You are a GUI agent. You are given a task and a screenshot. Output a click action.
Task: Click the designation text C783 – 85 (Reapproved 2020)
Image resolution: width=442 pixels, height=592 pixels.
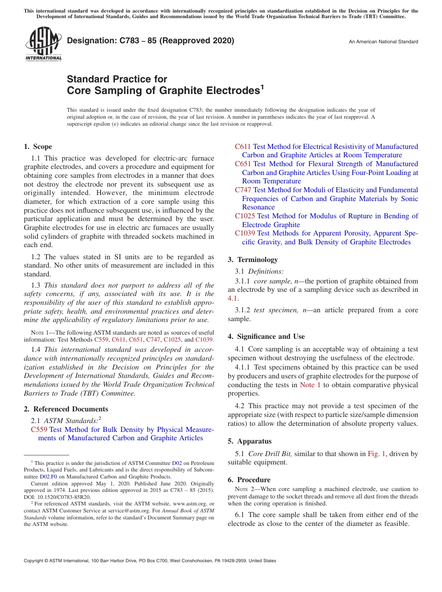pos(150,41)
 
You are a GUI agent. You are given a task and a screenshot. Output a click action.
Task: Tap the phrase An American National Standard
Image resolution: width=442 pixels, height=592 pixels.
pos(383,42)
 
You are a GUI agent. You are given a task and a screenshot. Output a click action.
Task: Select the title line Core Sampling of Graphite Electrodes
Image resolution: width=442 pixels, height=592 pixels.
pos(165,90)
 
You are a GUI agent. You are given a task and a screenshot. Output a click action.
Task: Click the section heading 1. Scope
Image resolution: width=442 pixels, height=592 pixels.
pos(38,147)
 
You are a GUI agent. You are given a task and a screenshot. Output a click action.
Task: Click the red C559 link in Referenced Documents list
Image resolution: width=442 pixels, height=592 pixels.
pos(39,430)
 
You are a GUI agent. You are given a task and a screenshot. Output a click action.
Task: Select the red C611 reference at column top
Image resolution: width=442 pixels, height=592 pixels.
pos(243,147)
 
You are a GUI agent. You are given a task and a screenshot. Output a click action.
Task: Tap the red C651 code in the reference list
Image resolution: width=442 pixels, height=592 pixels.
pos(243,164)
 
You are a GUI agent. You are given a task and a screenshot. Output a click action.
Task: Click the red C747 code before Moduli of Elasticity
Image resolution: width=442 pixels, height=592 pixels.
pos(243,190)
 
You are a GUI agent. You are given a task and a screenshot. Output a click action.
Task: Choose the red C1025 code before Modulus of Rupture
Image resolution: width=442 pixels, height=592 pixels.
pos(245,216)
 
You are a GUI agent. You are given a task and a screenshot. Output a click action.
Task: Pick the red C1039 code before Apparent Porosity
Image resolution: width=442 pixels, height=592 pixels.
pos(245,233)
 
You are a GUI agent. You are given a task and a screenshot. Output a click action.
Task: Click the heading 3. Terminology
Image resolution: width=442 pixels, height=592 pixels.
pos(253,260)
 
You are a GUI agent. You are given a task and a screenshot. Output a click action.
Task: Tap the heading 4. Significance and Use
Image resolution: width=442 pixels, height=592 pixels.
pos(266,336)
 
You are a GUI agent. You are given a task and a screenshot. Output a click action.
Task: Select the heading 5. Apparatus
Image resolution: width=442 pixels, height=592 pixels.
pos(249,441)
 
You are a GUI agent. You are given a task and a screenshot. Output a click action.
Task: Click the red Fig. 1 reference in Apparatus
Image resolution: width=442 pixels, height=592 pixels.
pos(376,454)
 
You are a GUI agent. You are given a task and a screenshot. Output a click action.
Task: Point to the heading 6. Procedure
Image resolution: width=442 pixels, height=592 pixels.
pos(249,480)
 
